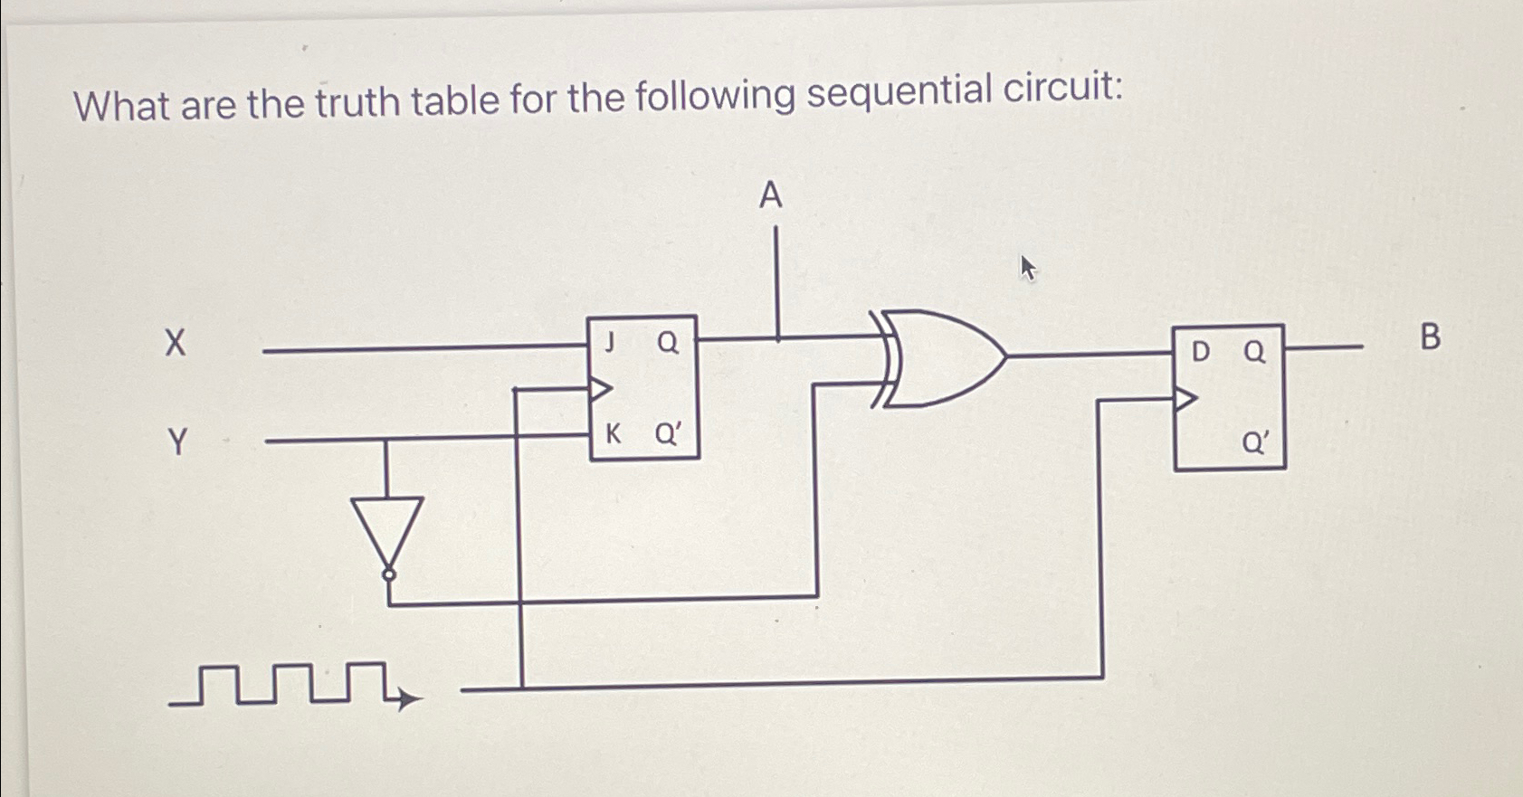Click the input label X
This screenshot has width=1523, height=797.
coord(176,344)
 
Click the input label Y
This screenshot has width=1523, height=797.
coord(178,442)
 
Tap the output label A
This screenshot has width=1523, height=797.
coord(770,195)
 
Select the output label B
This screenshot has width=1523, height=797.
coord(1430,337)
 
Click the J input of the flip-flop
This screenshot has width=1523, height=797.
coord(611,342)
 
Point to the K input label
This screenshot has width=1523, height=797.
coord(613,434)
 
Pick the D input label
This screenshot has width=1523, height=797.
coord(1200,351)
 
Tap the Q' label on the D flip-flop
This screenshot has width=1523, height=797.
coord(1255,442)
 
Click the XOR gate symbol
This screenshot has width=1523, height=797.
coord(941,358)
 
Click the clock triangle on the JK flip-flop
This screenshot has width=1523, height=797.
coord(600,390)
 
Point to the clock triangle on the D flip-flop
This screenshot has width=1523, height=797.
coord(1185,398)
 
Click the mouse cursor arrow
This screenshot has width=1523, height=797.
coord(1027,267)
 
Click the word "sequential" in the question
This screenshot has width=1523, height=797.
coord(894,93)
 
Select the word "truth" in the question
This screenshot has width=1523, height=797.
coord(358,102)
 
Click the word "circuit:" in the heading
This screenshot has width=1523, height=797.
coord(1062,88)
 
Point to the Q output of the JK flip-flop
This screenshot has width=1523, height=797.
coord(668,342)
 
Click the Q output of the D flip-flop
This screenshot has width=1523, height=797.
coord(1254,351)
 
